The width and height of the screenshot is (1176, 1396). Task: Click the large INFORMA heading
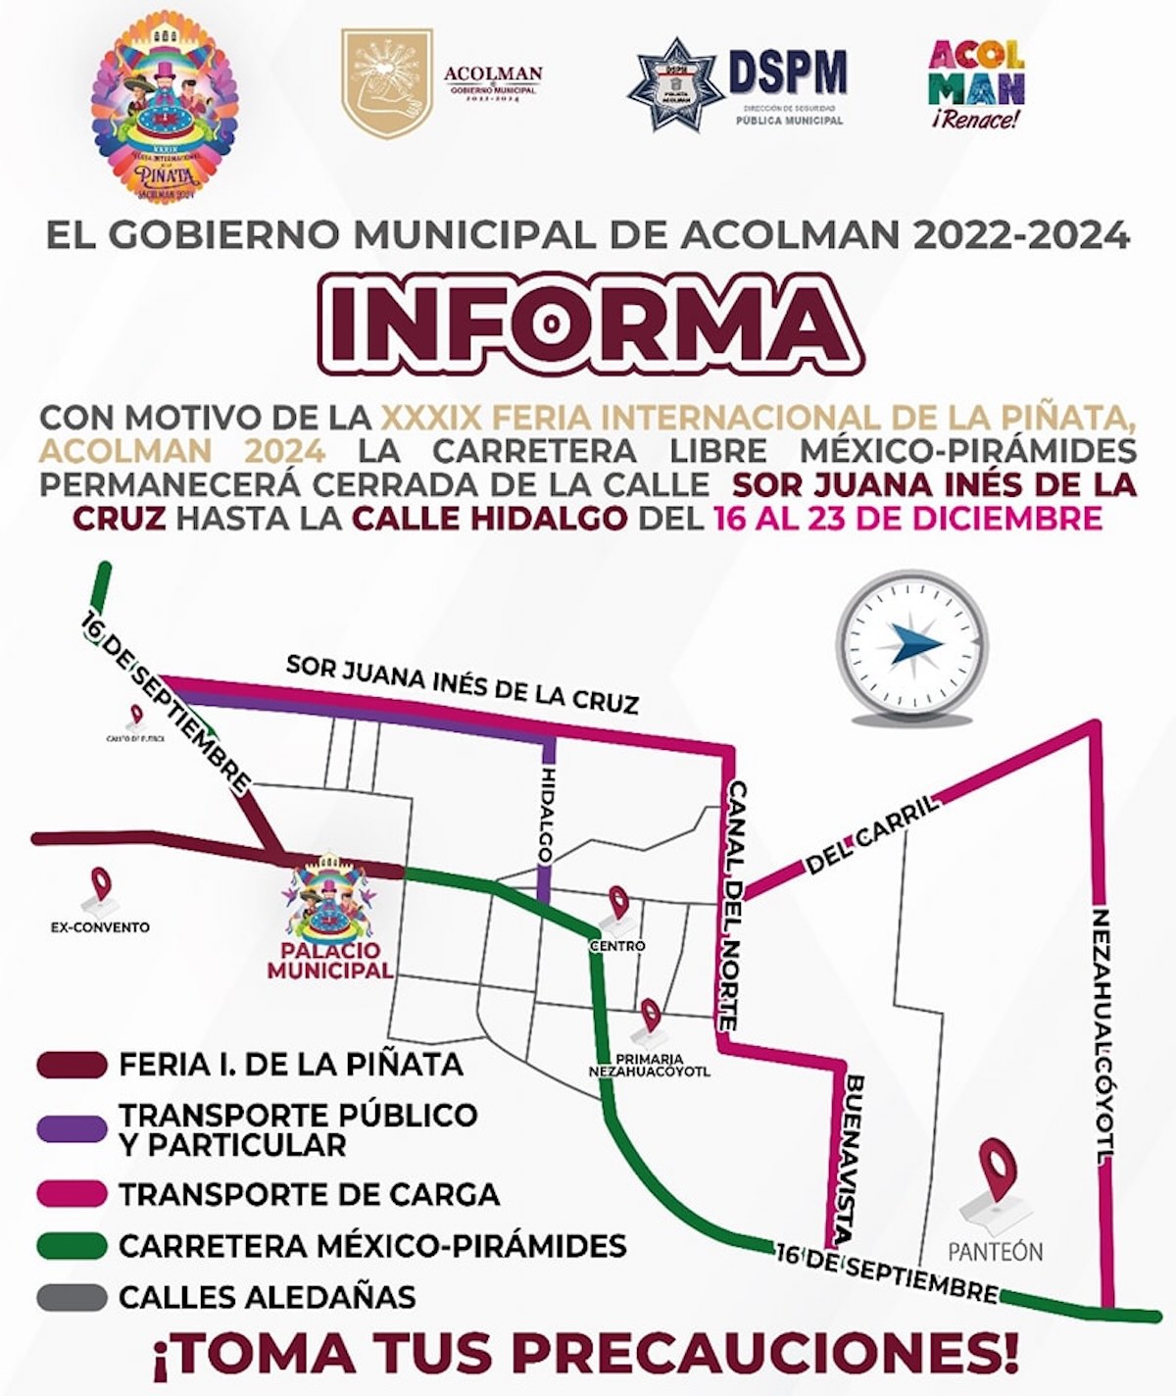click(x=588, y=323)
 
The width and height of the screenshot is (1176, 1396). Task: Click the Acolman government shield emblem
click(x=386, y=82)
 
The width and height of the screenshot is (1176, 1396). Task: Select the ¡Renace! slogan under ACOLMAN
click(x=975, y=121)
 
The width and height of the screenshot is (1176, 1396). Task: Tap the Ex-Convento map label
click(x=100, y=926)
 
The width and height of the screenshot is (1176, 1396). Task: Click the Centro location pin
click(x=618, y=903)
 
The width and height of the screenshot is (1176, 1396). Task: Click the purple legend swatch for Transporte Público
click(x=71, y=1128)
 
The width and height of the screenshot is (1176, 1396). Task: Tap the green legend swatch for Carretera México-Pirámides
click(x=71, y=1246)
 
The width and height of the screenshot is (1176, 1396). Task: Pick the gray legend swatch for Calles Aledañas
click(x=71, y=1297)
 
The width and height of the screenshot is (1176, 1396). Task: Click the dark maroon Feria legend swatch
click(x=71, y=1065)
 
